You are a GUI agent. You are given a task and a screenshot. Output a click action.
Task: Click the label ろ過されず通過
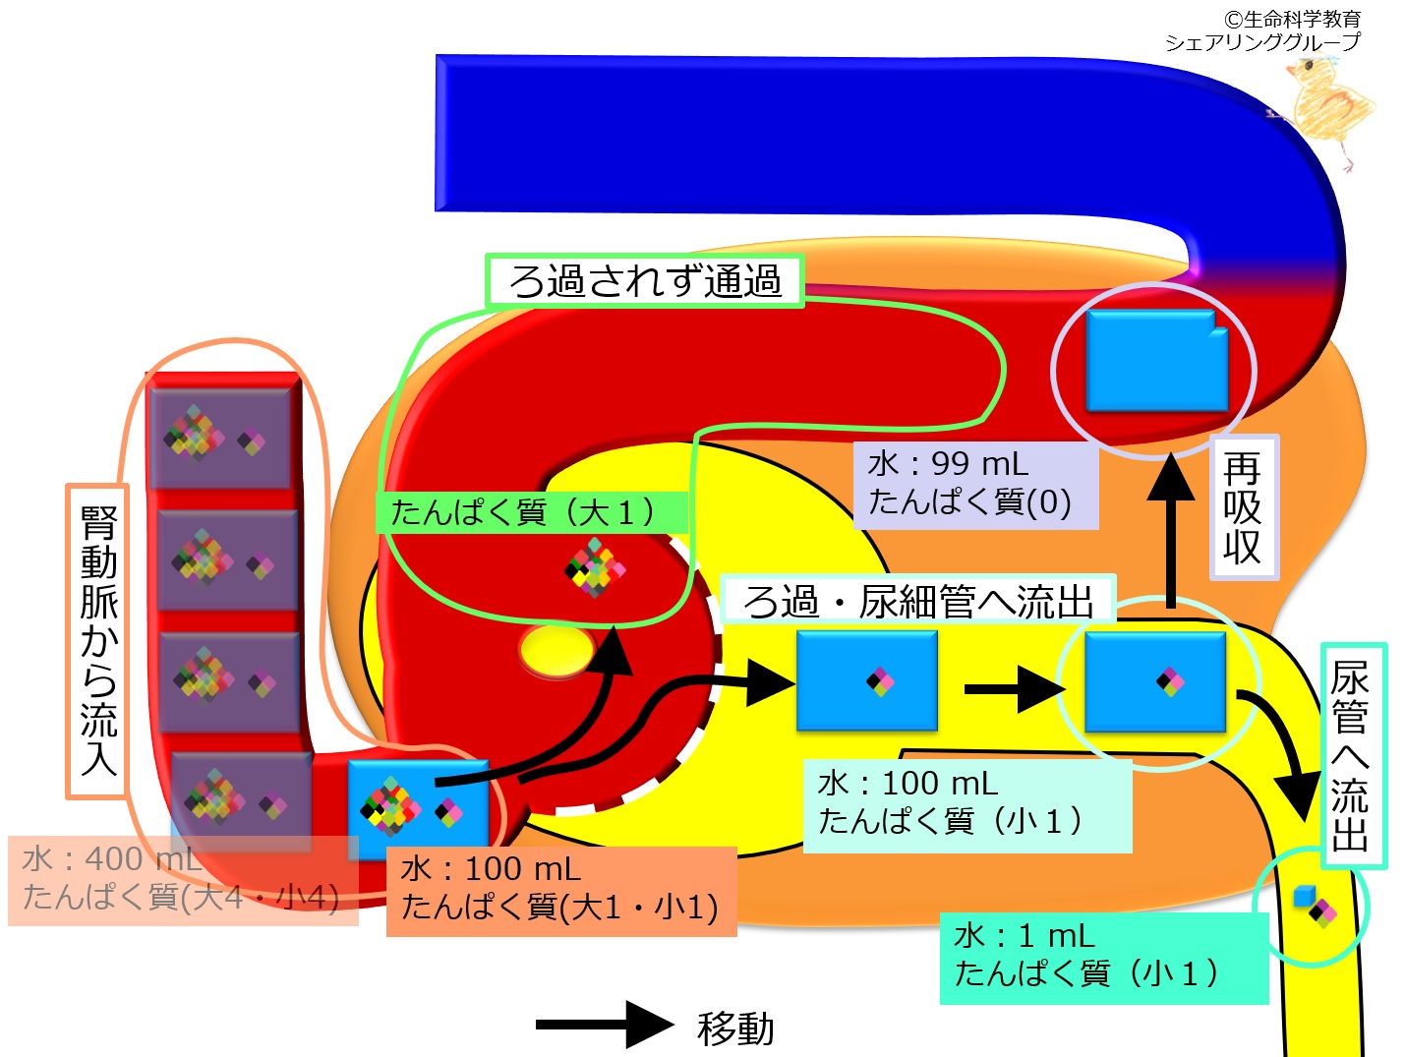click(645, 281)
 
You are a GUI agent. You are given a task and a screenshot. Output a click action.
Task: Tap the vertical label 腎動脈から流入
click(97, 641)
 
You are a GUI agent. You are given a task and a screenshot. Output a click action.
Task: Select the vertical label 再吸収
click(1243, 507)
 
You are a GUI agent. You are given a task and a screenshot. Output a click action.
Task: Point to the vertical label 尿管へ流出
click(1353, 755)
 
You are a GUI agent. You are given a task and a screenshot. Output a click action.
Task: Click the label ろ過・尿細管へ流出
click(918, 601)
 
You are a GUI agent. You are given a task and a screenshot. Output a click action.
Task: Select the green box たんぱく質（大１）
click(529, 512)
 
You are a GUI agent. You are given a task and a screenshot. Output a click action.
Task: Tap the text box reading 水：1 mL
click(1103, 958)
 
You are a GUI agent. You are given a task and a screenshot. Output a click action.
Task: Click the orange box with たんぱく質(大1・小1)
click(560, 891)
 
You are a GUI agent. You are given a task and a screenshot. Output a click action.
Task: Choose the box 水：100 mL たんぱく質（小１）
click(966, 804)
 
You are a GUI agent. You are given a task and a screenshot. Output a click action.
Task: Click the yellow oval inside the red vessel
click(556, 651)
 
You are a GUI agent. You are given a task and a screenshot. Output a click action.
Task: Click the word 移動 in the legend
click(735, 1028)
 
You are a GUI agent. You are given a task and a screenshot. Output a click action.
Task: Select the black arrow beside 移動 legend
click(604, 1025)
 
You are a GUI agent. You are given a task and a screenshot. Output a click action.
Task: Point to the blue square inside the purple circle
click(1156, 361)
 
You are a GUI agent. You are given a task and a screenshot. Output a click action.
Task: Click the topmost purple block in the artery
click(220, 437)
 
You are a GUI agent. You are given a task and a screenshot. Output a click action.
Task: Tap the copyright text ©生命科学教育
click(1291, 19)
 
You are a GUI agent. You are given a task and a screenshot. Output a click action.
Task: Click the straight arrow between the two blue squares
click(1011, 688)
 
